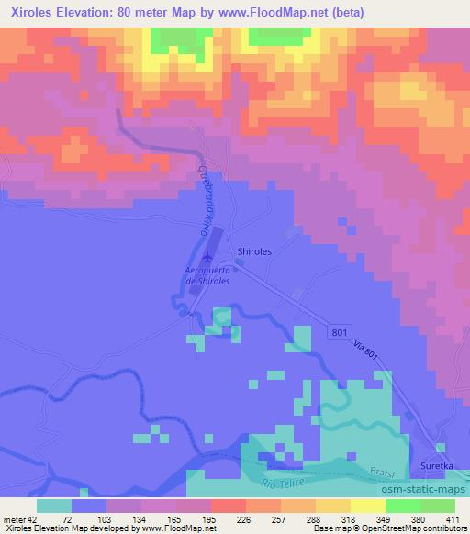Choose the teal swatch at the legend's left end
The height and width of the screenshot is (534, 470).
pyautogui.click(x=54, y=506)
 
